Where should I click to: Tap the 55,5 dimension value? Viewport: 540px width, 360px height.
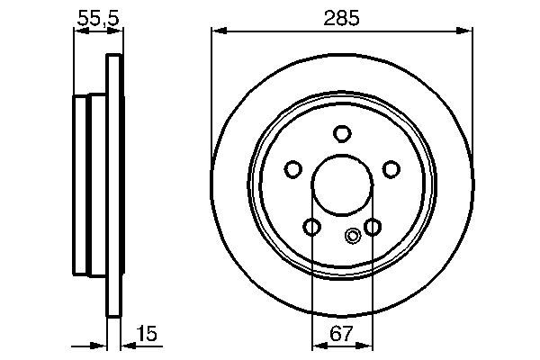tap(95, 15)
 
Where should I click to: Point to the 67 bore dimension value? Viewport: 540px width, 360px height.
tap(341, 334)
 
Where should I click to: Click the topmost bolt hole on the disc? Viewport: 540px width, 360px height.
tap(341, 134)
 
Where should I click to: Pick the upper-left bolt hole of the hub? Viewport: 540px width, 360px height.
tap(292, 168)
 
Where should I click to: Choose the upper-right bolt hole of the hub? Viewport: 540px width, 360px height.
tap(391, 168)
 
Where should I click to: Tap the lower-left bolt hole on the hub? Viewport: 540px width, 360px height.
tap(311, 226)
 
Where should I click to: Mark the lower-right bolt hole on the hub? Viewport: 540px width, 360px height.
tap(372, 226)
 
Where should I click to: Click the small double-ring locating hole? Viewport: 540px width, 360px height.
tap(353, 237)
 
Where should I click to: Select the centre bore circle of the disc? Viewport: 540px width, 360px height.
tap(341, 184)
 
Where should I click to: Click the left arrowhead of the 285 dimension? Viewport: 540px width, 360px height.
tap(216, 31)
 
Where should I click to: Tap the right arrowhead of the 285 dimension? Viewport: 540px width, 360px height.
tap(467, 31)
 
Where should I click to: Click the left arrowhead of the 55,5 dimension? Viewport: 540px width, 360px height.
tap(78, 31)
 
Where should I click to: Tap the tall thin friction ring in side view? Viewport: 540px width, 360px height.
tap(113, 184)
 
